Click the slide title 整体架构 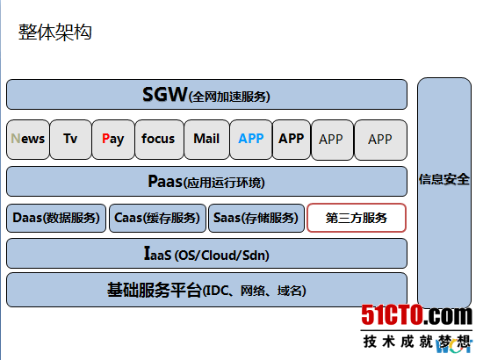pos(55,32)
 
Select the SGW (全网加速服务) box pos(206,94)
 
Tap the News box pos(27,139)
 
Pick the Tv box pos(70,139)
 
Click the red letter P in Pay pos(105,139)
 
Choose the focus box pos(158,139)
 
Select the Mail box pos(206,139)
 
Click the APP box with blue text pos(251,139)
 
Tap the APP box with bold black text pos(292,139)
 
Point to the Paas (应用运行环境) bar pos(206,182)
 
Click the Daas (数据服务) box pos(56,218)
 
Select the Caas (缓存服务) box pos(157,218)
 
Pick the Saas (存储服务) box pos(256,218)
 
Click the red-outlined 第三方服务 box pos(357,218)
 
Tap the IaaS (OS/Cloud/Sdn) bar pos(206,254)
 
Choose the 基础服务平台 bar pos(206,290)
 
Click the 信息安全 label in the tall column pos(444,180)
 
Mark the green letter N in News pos(15,139)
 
